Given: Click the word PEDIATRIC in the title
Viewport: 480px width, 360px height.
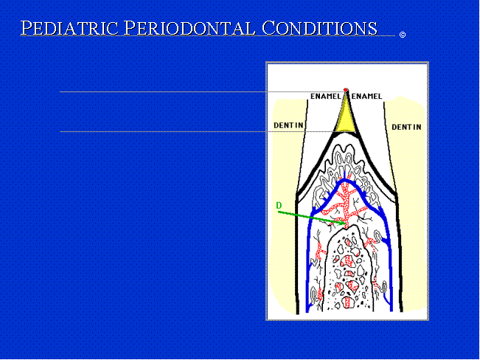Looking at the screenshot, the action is [x=69, y=28].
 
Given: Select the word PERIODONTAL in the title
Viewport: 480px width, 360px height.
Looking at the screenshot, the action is [x=189, y=28].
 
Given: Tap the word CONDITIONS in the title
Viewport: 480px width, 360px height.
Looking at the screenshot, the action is [x=319, y=28].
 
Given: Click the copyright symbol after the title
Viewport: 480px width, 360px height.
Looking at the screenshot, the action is [x=403, y=35].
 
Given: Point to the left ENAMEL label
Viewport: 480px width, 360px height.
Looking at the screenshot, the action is [x=325, y=97].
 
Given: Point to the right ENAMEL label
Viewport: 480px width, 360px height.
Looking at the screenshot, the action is [x=366, y=97].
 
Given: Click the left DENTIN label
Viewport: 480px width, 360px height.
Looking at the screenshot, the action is [x=288, y=125].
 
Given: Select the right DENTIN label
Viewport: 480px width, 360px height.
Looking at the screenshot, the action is [x=406, y=127].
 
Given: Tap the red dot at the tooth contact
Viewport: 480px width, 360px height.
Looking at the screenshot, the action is [x=346, y=90].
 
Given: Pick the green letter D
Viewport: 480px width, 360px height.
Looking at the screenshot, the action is [x=279, y=205].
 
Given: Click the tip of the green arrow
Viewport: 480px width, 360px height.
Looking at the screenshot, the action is [x=346, y=224].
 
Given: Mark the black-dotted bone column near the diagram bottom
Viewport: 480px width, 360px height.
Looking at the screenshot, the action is [x=349, y=269].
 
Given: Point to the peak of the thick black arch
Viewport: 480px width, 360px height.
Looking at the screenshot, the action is [x=346, y=134].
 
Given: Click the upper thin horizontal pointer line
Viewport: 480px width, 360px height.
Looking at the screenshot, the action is [x=202, y=91].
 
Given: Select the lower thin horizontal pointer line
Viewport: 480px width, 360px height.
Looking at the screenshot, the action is [x=198, y=131].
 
